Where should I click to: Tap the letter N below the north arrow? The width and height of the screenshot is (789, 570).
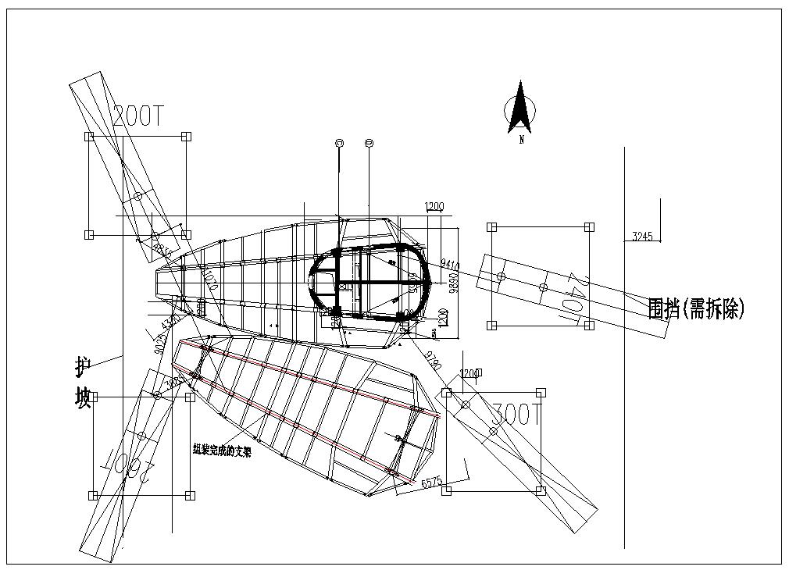click(521, 141)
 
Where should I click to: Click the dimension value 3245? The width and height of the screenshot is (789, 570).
click(641, 236)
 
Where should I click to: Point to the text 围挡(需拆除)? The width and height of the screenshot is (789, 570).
click(696, 309)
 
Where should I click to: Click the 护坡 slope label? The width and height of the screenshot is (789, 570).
click(83, 383)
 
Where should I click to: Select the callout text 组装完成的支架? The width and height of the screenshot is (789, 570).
click(223, 450)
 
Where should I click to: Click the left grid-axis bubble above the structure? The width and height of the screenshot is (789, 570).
click(339, 143)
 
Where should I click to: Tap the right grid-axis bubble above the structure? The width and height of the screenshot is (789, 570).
click(369, 143)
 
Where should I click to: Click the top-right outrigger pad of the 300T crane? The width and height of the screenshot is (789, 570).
click(541, 393)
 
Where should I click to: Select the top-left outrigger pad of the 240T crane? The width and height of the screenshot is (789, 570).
click(491, 227)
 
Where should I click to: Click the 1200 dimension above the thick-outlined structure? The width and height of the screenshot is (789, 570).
click(434, 207)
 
